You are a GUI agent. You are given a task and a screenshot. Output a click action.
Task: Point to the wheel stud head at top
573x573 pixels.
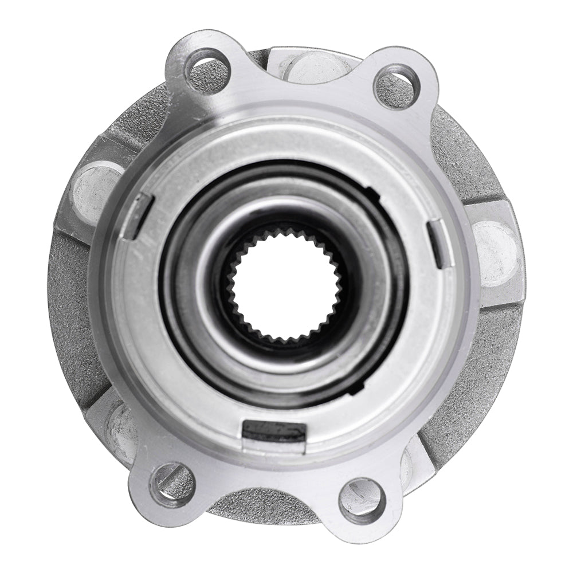[315, 64]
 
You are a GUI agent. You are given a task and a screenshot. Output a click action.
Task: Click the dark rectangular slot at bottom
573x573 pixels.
[274, 430]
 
